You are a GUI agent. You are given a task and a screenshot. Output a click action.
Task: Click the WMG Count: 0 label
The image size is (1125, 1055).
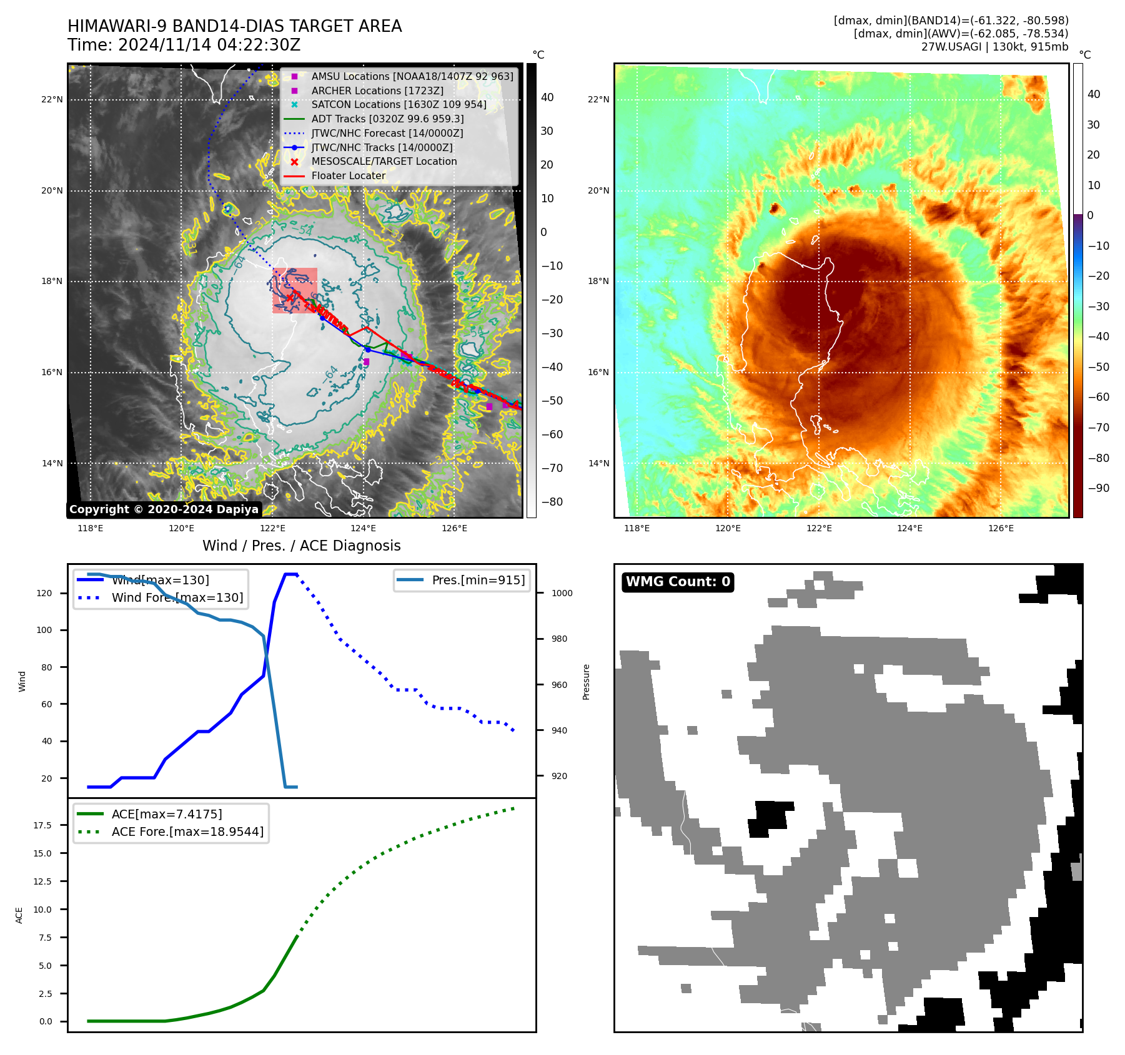click(678, 582)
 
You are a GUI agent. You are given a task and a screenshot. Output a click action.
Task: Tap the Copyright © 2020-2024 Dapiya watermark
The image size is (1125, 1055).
click(164, 509)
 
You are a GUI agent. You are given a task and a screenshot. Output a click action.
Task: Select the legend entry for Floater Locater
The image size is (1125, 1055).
click(349, 176)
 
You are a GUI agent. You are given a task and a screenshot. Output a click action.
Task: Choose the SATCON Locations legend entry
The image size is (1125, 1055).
click(399, 105)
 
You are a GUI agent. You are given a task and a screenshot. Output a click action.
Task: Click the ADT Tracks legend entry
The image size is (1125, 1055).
click(387, 119)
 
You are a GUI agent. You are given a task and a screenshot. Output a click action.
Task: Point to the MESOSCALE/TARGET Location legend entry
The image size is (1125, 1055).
click(384, 162)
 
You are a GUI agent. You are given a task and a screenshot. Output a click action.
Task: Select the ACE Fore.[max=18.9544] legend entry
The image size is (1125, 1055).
click(187, 832)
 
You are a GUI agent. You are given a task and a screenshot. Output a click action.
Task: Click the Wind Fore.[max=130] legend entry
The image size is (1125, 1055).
click(177, 598)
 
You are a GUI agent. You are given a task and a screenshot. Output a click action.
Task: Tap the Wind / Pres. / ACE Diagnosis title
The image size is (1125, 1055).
click(302, 546)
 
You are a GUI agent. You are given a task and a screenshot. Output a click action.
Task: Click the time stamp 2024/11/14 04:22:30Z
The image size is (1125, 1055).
click(209, 46)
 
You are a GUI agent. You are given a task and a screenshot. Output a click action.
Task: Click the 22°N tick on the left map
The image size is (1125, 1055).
click(52, 100)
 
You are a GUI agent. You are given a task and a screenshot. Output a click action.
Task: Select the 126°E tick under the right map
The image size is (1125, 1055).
click(1001, 529)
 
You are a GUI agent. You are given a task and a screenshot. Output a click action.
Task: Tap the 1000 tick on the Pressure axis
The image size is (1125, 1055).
click(562, 594)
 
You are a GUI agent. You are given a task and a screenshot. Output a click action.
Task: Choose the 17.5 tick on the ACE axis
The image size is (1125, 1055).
click(42, 825)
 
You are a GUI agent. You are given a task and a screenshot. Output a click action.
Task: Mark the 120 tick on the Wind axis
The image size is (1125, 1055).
click(44, 594)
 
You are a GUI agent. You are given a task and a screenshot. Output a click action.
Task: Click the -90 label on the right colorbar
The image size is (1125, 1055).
click(1098, 488)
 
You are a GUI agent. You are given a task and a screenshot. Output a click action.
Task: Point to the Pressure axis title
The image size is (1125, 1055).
click(586, 682)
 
